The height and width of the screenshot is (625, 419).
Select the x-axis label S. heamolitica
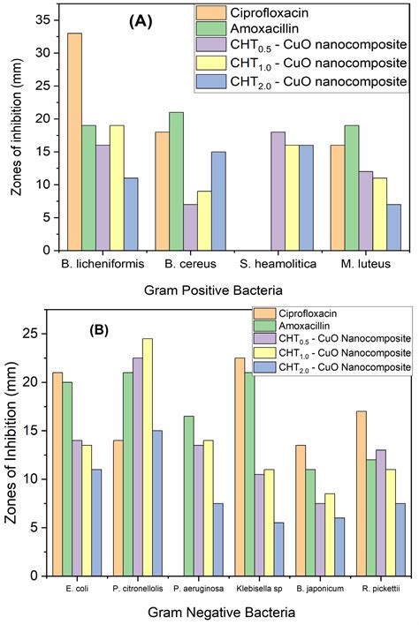pyautogui.click(x=256, y=262)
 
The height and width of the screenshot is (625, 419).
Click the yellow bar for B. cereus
pyautogui.click(x=203, y=221)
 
